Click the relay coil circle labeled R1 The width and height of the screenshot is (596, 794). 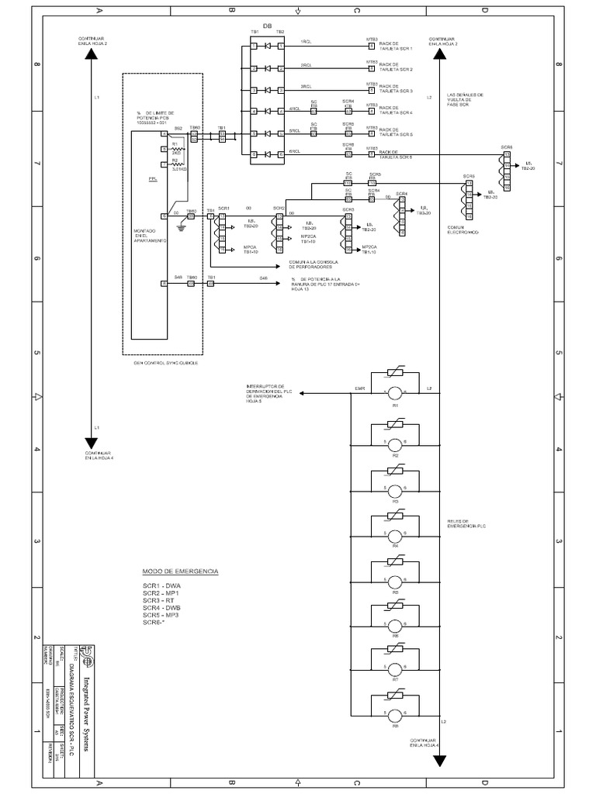click(x=394, y=393)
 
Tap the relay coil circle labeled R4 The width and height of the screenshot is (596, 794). click(x=394, y=535)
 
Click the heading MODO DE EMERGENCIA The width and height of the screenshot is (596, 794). click(x=180, y=571)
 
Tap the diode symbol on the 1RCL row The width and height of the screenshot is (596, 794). click(x=267, y=47)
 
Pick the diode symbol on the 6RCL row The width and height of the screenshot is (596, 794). click(x=267, y=154)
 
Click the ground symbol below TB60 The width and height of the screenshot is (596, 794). click(x=182, y=226)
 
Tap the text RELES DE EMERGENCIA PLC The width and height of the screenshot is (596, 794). click(x=466, y=523)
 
